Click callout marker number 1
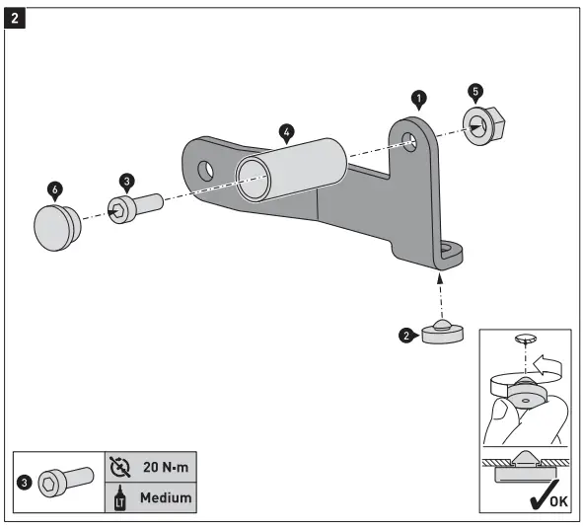pos(419,98)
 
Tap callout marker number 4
pos(286,130)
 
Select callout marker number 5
pos(476,91)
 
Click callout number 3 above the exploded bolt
pos(126,182)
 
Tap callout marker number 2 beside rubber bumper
pos(405,336)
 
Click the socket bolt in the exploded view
pos(135,207)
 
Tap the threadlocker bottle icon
pos(118,497)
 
